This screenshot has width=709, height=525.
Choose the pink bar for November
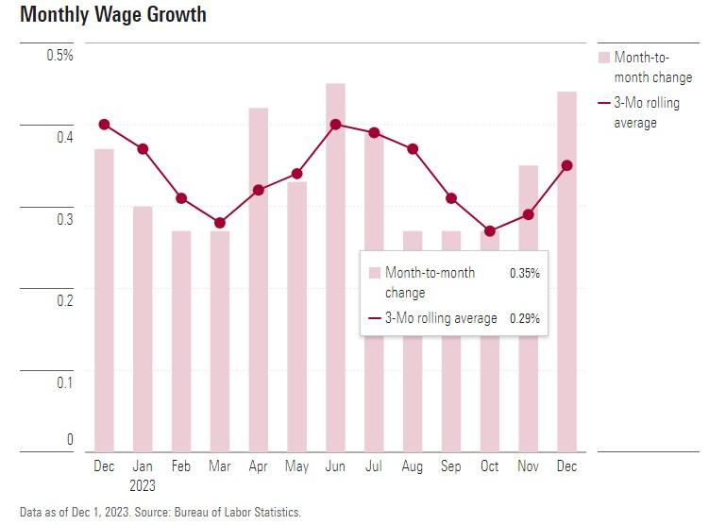click(x=528, y=378)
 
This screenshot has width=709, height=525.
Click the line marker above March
click(x=220, y=223)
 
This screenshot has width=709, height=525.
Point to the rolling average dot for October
click(x=489, y=231)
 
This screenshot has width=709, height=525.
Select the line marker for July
click(x=374, y=132)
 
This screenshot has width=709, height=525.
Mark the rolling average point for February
click(x=181, y=198)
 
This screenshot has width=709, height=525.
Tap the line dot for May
click(x=296, y=174)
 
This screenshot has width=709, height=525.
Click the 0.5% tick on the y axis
click(x=59, y=55)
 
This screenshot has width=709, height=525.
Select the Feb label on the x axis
click(x=181, y=466)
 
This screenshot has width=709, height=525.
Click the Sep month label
click(x=451, y=466)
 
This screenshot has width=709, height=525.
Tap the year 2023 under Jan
click(x=143, y=486)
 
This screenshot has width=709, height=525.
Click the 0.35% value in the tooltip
click(x=524, y=273)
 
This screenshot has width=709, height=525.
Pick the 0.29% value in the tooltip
click(x=524, y=318)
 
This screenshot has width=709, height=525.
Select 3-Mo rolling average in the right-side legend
click(x=647, y=112)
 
